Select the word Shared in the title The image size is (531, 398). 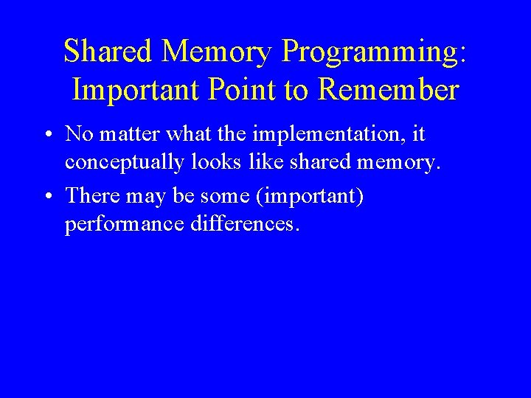[109, 52]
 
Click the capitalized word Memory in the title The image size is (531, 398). [218, 52]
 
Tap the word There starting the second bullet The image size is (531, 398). [88, 196]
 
